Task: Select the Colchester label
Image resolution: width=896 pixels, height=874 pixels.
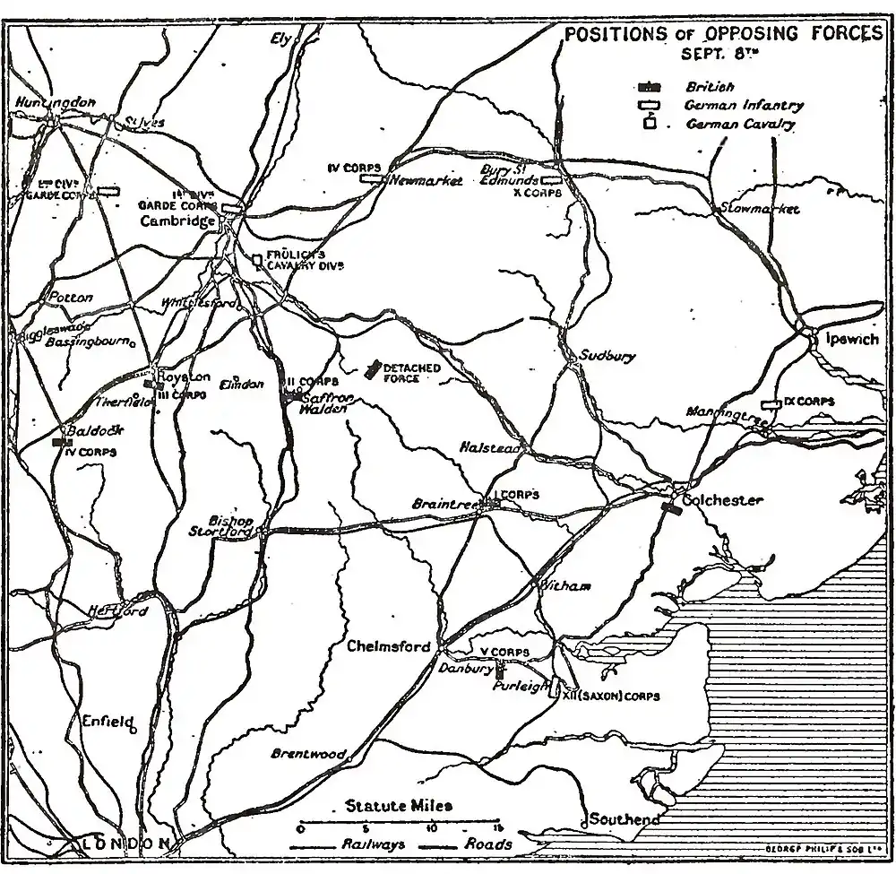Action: tap(722, 500)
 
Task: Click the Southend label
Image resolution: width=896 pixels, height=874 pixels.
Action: tap(625, 819)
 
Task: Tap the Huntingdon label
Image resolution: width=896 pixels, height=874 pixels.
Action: tap(56, 103)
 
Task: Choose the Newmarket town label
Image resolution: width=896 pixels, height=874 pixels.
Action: tap(426, 180)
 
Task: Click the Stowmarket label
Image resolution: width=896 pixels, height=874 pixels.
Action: tap(760, 208)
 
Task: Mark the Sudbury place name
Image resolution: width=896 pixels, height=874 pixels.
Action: tap(607, 355)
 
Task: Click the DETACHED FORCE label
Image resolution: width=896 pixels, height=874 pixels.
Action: tap(412, 374)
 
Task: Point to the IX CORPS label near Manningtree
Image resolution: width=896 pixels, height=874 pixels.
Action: tap(808, 402)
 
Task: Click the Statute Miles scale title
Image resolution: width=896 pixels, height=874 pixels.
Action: tap(399, 806)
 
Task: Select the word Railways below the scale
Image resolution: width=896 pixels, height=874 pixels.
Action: tap(374, 844)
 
